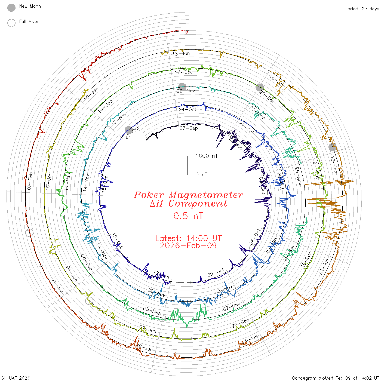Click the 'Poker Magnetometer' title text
[188, 195]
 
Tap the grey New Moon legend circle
[11, 8]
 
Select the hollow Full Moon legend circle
[11, 23]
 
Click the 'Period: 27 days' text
[362, 9]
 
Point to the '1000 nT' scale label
[207, 156]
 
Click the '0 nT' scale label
[201, 175]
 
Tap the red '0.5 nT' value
[188, 216]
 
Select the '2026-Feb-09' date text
[188, 245]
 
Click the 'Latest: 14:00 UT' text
[188, 238]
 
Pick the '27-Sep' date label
[189, 128]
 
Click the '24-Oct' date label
[188, 109]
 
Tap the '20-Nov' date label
[186, 91]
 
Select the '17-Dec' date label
[184, 72]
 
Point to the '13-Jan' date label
[181, 54]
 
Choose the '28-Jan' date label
[144, 348]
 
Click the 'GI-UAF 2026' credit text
[16, 378]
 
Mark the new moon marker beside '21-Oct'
[128, 130]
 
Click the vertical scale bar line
[187, 165]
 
